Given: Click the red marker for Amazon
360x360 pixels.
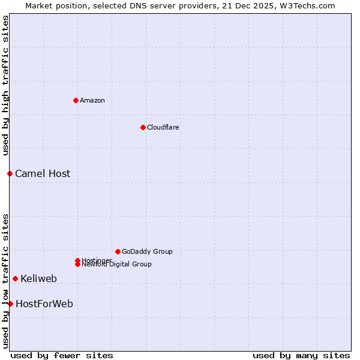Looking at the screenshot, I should [76, 100].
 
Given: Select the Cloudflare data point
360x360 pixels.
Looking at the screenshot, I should [143, 127].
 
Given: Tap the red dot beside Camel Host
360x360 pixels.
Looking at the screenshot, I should [10, 173].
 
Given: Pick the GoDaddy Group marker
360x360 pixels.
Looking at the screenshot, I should [118, 251].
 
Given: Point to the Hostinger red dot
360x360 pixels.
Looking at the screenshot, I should [77, 260].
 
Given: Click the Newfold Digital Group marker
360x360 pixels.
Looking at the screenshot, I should [77, 265].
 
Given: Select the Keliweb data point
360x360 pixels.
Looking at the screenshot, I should [15, 278].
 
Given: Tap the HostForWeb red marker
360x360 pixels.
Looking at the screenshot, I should [10, 304].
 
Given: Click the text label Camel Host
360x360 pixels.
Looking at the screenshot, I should [43, 174].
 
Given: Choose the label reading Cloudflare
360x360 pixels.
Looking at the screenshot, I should [163, 127].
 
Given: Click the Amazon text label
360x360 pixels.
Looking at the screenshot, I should [92, 100].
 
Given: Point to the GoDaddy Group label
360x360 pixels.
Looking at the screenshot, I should [147, 251].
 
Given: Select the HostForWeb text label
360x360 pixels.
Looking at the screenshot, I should [44, 304].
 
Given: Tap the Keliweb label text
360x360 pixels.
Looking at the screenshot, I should [39, 279].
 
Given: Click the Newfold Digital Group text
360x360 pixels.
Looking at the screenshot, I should [116, 265].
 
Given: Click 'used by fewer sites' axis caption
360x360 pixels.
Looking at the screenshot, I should [62, 355].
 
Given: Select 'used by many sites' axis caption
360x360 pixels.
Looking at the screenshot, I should [301, 355].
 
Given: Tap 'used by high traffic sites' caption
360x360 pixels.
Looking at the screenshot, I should [5, 85].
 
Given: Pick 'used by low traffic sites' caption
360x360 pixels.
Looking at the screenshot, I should [5, 281].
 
